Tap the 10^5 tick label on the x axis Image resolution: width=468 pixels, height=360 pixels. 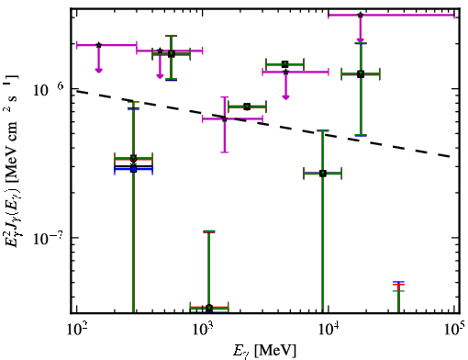click(x=453, y=329)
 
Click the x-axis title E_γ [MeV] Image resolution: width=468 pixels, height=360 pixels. click(x=264, y=351)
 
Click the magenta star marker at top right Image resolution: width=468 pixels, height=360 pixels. click(x=361, y=15)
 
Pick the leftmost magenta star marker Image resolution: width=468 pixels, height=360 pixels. click(x=98, y=45)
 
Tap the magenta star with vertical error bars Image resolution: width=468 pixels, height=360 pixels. click(x=225, y=118)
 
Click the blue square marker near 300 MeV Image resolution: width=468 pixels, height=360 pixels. click(x=133, y=169)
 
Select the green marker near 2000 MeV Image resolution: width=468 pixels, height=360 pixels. click(x=247, y=107)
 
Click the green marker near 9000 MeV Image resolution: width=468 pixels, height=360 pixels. click(x=323, y=174)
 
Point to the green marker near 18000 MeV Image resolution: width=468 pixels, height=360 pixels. click(x=361, y=73)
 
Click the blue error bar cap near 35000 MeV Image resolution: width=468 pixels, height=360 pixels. click(x=398, y=282)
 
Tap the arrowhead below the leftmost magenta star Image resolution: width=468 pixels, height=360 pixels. click(x=98, y=71)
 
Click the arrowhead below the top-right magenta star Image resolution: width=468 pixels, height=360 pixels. click(x=361, y=40)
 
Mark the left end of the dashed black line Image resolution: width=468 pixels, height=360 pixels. click(x=76, y=91)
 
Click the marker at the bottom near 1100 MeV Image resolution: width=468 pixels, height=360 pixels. click(x=209, y=308)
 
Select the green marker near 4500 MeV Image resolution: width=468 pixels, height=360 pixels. click(x=285, y=64)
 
